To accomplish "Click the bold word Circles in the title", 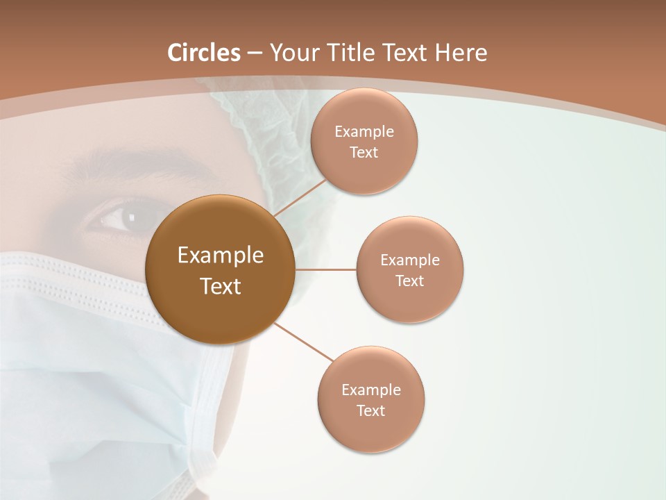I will [204, 53].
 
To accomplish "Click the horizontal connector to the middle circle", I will [325, 269].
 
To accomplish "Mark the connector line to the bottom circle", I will [303, 341].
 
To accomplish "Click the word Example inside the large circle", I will [220, 256].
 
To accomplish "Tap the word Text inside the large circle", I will [220, 286].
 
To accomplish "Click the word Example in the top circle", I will [364, 132].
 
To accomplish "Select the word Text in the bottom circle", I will [370, 411].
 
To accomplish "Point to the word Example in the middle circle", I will [409, 260].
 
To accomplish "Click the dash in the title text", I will [255, 53].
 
